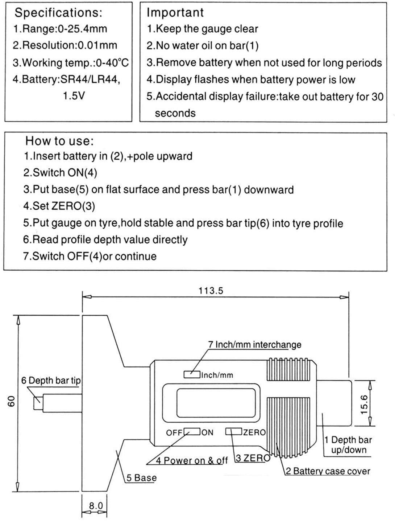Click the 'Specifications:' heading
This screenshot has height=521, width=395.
[x=58, y=13]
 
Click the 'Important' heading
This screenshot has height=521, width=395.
[x=175, y=12]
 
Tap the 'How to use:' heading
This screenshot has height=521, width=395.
[x=59, y=141]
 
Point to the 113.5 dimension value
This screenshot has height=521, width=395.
[x=211, y=291]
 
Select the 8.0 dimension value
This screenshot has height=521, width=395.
[x=96, y=505]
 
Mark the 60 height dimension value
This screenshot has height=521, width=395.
[x=11, y=401]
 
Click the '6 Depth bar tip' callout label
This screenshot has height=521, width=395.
[x=51, y=380]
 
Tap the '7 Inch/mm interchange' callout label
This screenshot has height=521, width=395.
[x=254, y=344]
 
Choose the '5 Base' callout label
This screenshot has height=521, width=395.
[x=141, y=478]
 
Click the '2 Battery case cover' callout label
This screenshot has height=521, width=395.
[x=328, y=471]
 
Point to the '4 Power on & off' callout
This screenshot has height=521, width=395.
[x=192, y=460]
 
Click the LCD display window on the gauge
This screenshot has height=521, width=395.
[x=211, y=403]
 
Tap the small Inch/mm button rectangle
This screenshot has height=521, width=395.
[x=192, y=374]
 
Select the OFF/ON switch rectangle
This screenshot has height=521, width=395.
[x=192, y=432]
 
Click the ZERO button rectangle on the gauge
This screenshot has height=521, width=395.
[x=234, y=431]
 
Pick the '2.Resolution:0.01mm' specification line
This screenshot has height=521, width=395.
[x=65, y=45]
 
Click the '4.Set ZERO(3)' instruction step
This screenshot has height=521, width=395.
[x=59, y=206]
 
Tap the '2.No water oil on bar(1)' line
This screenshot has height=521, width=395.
[x=202, y=46]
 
